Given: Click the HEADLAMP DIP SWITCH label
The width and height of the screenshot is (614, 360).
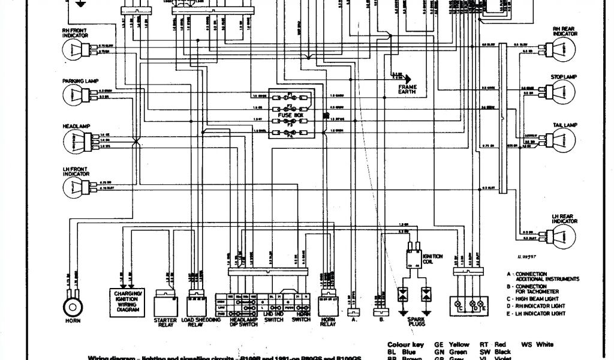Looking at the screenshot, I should (242, 322).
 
